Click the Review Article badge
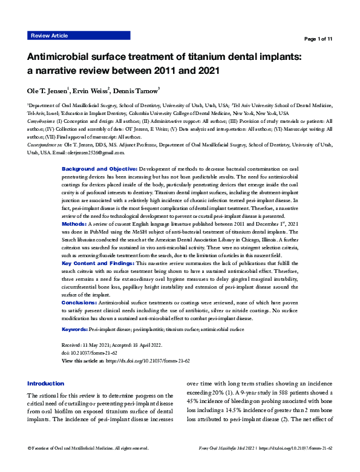[49, 36]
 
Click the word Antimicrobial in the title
[64, 57]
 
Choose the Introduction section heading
[46, 384]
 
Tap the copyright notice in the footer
[88, 465]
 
